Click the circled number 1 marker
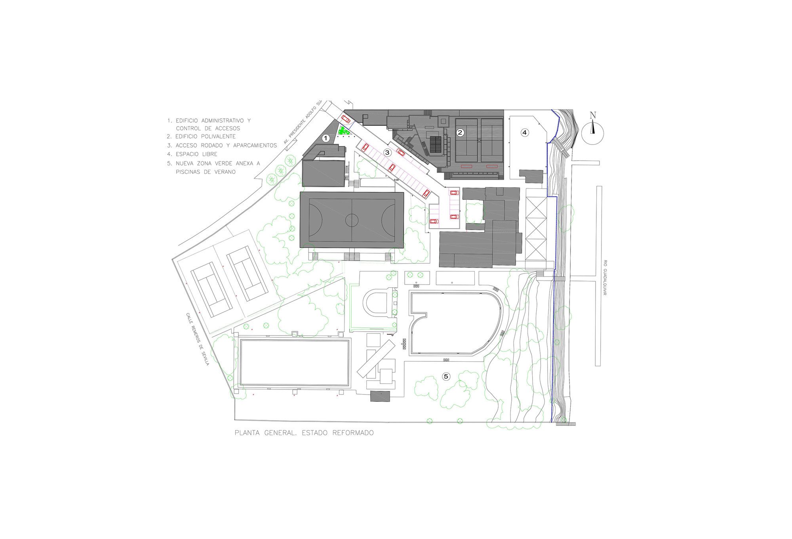click(326, 138)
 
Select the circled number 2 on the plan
click(460, 133)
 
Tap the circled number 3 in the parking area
click(387, 152)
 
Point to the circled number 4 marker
click(524, 133)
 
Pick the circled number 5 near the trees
click(446, 376)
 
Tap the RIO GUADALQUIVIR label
click(605, 277)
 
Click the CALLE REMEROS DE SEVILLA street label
click(197, 339)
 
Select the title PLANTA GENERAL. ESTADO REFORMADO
click(304, 433)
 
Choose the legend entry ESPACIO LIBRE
click(192, 154)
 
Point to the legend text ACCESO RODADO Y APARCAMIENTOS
click(222, 146)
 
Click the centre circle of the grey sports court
click(351, 220)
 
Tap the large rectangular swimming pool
click(294, 362)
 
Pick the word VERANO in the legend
click(225, 172)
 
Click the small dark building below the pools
click(380, 396)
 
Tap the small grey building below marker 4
click(531, 177)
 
